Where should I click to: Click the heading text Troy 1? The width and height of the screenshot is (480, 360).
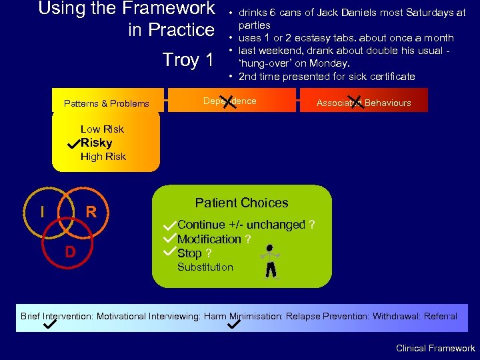tap(188, 60)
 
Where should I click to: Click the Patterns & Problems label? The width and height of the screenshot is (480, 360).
tap(106, 103)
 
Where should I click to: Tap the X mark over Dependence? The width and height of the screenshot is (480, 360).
tap(231, 102)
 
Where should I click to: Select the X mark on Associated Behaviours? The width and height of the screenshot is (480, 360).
tap(357, 102)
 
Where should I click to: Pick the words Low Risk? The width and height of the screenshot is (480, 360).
tap(102, 129)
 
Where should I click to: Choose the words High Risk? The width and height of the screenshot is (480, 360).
tap(103, 157)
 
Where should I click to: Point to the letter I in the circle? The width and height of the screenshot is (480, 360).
tap(42, 212)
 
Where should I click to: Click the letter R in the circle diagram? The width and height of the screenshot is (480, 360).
tap(91, 213)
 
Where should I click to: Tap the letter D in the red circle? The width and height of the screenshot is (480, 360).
tap(69, 253)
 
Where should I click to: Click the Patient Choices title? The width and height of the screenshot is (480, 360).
tap(241, 203)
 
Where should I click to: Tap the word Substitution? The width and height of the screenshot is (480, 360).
tap(205, 267)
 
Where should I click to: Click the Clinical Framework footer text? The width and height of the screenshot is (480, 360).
tap(435, 348)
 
